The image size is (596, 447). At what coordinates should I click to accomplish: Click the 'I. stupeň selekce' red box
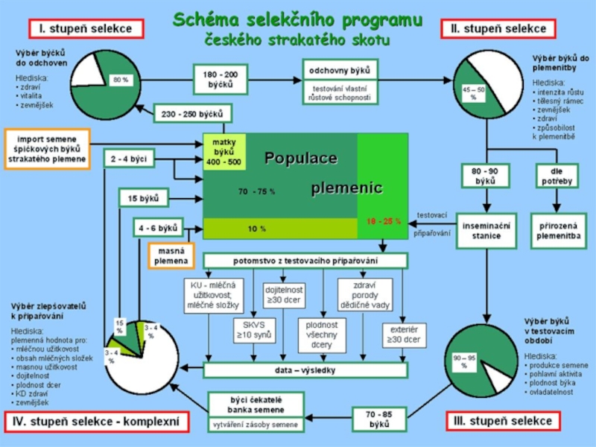(86, 29)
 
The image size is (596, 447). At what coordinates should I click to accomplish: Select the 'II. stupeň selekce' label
(498, 29)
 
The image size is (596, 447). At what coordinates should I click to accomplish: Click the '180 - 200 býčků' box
(221, 80)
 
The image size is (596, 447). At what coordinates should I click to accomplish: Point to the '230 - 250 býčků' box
(193, 114)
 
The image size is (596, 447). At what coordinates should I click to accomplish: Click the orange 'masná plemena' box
(171, 256)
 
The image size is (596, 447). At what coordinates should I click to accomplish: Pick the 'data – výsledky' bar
(305, 370)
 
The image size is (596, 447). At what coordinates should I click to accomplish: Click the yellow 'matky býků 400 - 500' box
(223, 151)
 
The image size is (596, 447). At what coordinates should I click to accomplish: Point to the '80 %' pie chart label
(120, 80)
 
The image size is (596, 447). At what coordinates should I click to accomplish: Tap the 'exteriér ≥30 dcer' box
(403, 335)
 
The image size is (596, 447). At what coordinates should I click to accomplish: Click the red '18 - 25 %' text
(383, 221)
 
